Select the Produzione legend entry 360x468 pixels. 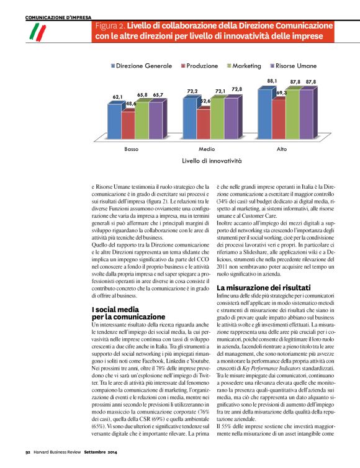pos(202,65)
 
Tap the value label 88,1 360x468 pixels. pos(272,81)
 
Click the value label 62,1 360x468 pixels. pos(118,97)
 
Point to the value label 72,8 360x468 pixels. pos(236,89)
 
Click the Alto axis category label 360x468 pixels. pos(281,150)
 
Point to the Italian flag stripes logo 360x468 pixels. pos(39,30)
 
